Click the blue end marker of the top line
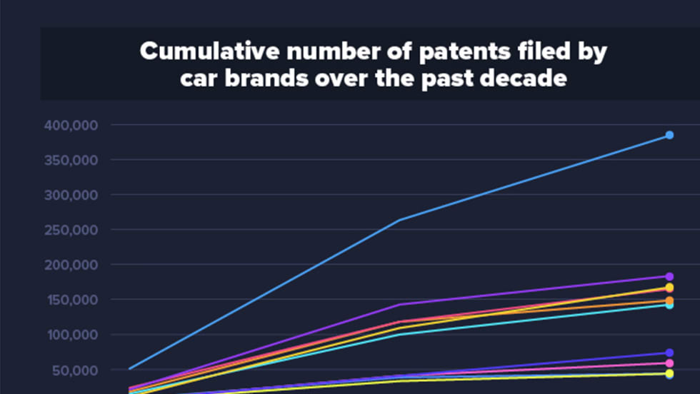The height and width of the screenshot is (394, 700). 669,135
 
